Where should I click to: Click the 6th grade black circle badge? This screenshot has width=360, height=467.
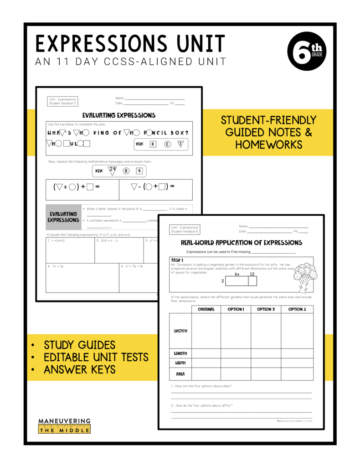coord(307,52)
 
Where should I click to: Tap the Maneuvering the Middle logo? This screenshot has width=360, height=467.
coord(64,425)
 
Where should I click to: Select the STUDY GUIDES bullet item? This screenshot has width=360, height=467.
coord(79,345)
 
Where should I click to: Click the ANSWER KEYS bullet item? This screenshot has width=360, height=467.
coord(79,369)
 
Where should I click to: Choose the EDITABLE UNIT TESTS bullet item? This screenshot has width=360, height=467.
coord(95,357)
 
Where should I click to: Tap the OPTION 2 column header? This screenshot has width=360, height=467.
coord(266,309)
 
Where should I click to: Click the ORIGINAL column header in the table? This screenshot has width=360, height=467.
coord(206,309)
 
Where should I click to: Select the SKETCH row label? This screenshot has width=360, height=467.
coord(180,331)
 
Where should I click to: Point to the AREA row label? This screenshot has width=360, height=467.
coord(180,374)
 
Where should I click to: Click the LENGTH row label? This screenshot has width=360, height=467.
coord(180,353)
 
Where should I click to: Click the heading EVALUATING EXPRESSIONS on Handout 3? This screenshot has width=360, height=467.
coord(118,115)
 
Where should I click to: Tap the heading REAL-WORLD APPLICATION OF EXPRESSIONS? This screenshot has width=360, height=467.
coord(242,243)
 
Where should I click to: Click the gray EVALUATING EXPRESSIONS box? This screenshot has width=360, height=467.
coord(63,217)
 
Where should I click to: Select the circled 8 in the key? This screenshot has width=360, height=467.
coord(126,171)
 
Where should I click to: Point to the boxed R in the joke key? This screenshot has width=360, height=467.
coord(153,144)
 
